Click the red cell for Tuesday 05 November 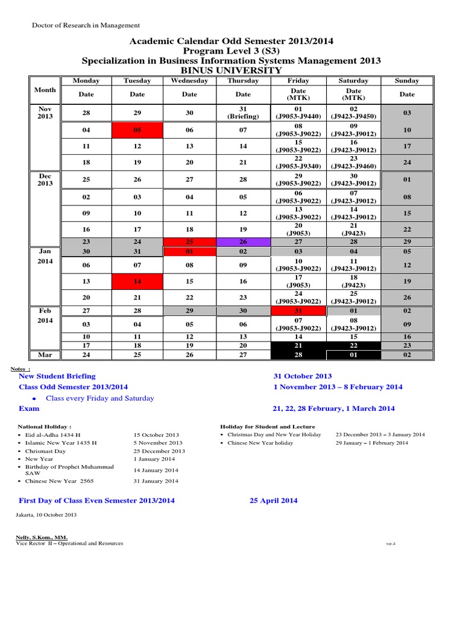coord(137,130)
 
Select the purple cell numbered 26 coord(243,242)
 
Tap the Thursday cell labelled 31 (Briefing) coord(243,113)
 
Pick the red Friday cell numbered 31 coord(298,311)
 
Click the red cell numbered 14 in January coord(137,281)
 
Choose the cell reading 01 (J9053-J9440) coord(298,113)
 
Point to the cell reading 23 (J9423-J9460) coord(354,162)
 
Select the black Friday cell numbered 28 coord(298,355)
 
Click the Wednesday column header coord(189,81)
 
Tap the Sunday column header coord(407,81)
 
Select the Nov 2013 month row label coord(45,112)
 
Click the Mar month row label coord(45,355)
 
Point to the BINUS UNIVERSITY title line coord(231,70)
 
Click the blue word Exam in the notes coord(28,408)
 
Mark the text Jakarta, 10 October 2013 coord(46,515)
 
